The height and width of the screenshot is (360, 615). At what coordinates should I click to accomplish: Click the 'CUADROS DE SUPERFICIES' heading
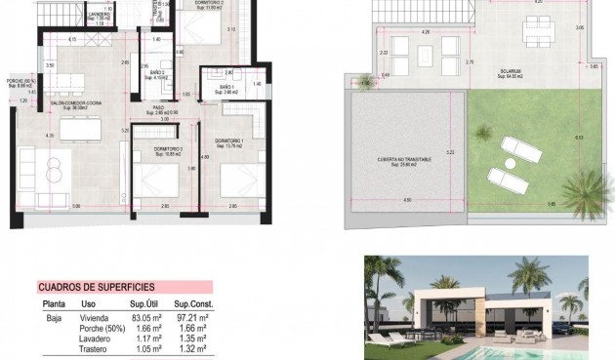coord(95,287)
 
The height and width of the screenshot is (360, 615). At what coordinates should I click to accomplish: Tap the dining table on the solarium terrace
coord(532,35)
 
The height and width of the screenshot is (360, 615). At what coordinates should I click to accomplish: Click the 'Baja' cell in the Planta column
coord(55,317)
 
